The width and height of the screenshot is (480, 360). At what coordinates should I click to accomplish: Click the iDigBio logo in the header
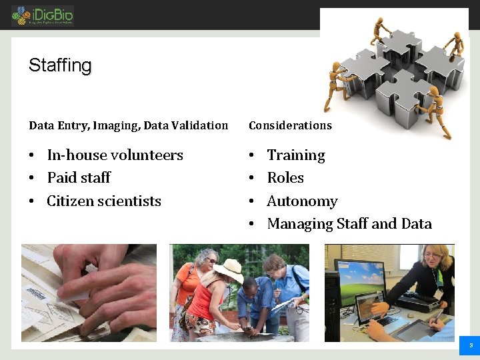tap(42, 15)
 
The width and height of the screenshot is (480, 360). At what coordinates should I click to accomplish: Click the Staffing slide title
tap(60, 65)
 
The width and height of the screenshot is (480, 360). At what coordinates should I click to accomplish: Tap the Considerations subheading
tap(290, 125)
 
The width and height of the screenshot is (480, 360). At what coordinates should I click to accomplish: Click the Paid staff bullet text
tap(79, 178)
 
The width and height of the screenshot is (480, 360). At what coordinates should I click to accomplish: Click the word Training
tap(296, 155)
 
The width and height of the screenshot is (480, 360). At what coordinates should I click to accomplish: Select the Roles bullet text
tap(285, 178)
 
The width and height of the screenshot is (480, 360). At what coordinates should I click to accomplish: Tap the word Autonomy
tap(302, 201)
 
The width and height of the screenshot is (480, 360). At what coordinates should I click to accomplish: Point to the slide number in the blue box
tap(471, 345)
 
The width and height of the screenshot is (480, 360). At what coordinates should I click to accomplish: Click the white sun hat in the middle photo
tap(228, 269)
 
